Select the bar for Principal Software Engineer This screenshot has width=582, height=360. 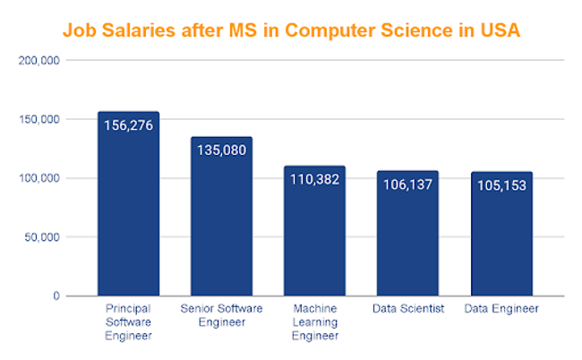pos(128,215)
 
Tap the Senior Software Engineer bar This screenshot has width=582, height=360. pos(221,224)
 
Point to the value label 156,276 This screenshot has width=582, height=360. pos(128,125)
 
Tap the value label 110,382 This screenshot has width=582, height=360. pos(314,179)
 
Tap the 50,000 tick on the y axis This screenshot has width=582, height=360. pos(40,237)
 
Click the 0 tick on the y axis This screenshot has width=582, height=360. pos(56,296)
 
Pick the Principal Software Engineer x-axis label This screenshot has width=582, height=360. pos(128,322)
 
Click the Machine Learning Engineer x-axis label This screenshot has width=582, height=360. pos(314,322)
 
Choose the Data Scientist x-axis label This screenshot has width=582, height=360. pos(407,309)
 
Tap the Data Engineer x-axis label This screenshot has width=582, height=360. pos(501,309)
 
